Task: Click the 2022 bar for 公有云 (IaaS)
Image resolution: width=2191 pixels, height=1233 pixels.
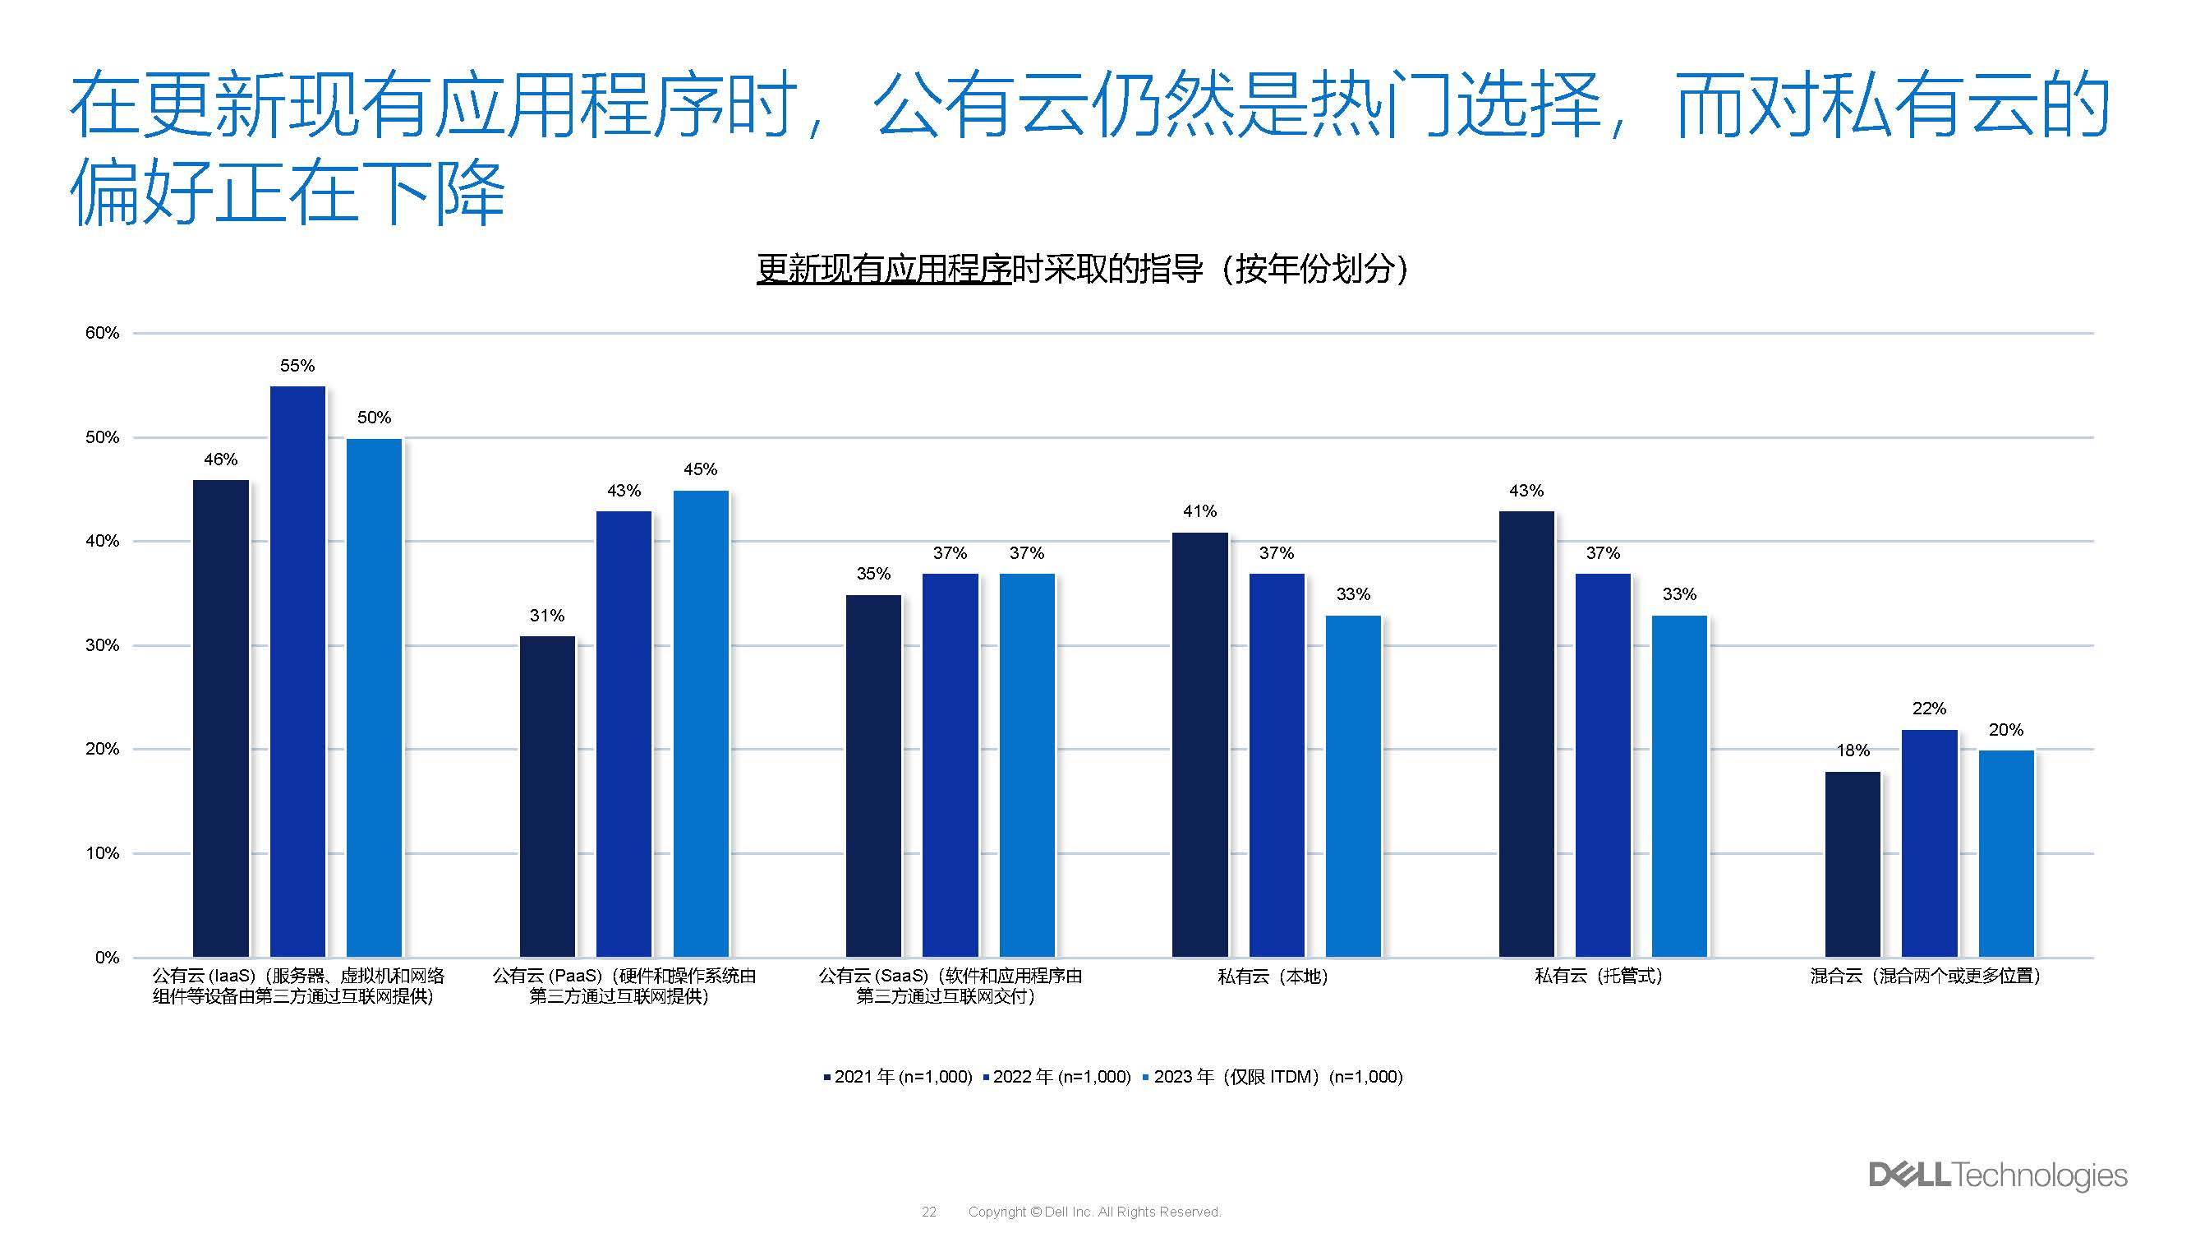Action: pyautogui.click(x=297, y=672)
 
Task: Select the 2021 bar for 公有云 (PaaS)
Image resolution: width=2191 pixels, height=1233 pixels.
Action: pyautogui.click(x=547, y=797)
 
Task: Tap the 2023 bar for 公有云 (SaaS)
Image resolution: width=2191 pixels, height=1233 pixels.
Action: pyautogui.click(x=1027, y=765)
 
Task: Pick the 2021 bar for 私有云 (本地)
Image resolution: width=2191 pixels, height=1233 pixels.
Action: pyautogui.click(x=1199, y=745)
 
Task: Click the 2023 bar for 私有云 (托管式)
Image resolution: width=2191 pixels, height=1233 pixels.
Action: pyautogui.click(x=1679, y=787)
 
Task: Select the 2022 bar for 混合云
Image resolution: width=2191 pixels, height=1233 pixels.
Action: pyautogui.click(x=1929, y=843)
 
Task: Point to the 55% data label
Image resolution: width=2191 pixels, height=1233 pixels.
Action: pyautogui.click(x=297, y=366)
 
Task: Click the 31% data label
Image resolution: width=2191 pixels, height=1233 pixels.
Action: pyautogui.click(x=547, y=615)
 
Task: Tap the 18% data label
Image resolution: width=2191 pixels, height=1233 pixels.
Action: pyautogui.click(x=1853, y=750)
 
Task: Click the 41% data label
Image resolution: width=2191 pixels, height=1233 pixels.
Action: pyautogui.click(x=1199, y=511)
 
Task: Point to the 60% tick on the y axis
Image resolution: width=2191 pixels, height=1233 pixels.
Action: pyautogui.click(x=102, y=333)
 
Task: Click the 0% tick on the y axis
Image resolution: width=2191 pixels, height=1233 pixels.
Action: pyautogui.click(x=107, y=958)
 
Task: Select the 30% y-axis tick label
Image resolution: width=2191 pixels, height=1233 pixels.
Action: pyautogui.click(x=102, y=645)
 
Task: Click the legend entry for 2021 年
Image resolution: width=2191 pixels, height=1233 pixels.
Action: pyautogui.click(x=897, y=1077)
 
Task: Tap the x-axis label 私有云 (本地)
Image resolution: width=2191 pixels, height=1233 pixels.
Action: pyautogui.click(x=1273, y=976)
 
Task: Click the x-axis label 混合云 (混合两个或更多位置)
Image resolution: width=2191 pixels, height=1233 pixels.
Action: pyautogui.click(x=1925, y=976)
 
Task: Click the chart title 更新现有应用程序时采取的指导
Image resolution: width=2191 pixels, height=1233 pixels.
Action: pyautogui.click(x=1082, y=269)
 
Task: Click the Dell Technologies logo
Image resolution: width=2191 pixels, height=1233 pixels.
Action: pyautogui.click(x=1997, y=1175)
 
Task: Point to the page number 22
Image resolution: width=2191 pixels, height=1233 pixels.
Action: pyautogui.click(x=929, y=1212)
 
